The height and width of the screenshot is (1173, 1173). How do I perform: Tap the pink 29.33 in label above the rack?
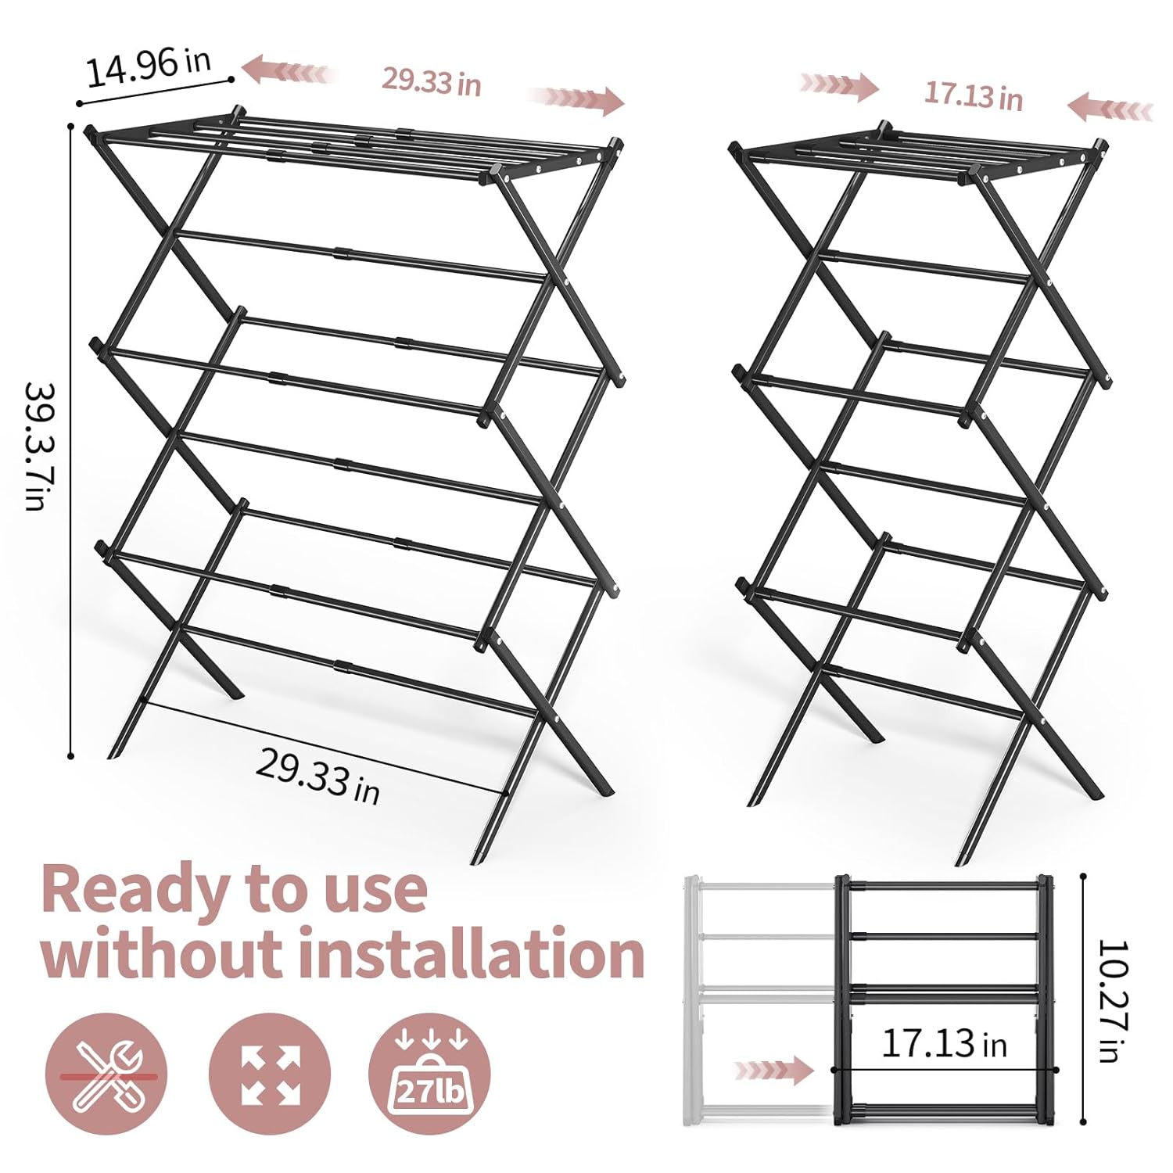[x=431, y=81]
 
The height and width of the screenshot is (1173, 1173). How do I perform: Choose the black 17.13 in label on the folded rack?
[x=944, y=1043]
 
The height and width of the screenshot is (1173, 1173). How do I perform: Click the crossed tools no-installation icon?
[x=106, y=1074]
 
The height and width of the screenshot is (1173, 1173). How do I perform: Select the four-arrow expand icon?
[x=271, y=1074]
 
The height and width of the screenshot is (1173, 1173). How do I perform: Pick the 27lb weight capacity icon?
[x=429, y=1074]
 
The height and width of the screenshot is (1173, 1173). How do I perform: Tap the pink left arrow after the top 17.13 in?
[x=1110, y=108]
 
